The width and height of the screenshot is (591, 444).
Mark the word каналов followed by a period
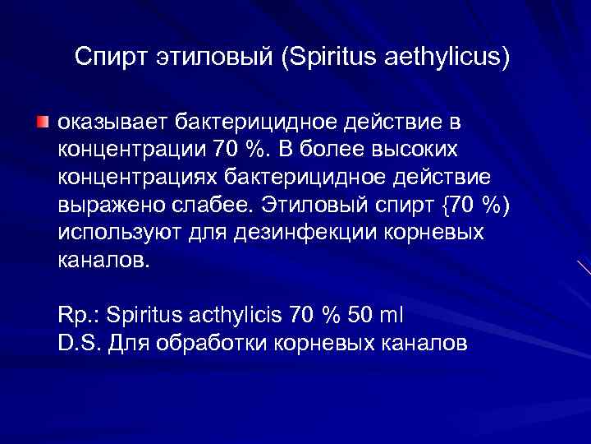104,261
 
